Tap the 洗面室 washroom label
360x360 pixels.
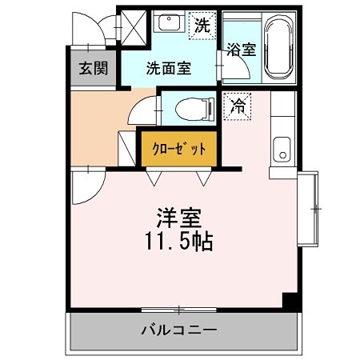[x=168, y=69]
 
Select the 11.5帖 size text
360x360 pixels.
[x=178, y=241]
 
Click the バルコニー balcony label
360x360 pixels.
[x=180, y=330]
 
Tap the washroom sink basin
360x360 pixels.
[x=169, y=23]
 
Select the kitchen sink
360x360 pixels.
[x=282, y=148]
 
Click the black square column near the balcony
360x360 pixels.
[x=292, y=302]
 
